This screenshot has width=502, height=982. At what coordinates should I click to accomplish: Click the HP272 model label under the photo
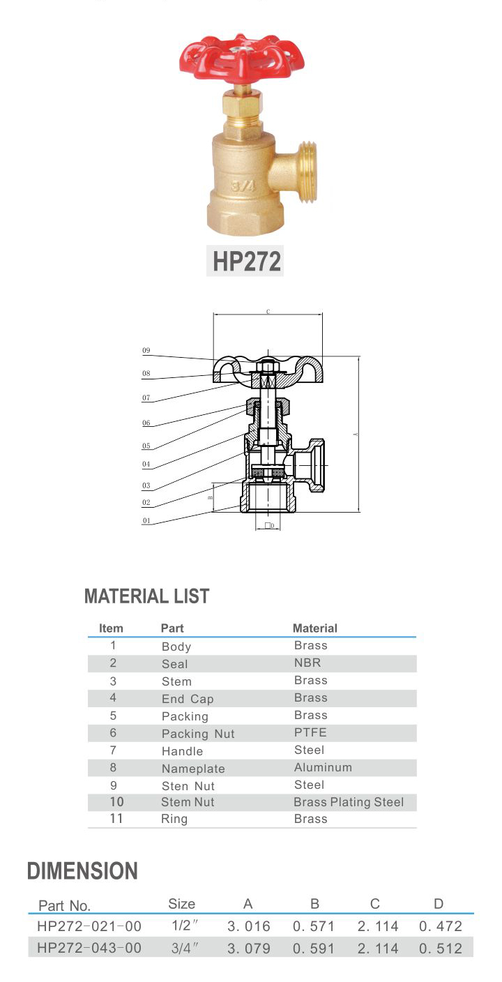[x=246, y=262]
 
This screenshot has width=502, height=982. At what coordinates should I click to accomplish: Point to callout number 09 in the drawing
[x=146, y=351]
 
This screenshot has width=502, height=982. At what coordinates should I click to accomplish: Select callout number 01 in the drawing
[x=146, y=520]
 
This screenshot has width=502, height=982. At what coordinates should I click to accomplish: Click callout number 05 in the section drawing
[x=146, y=446]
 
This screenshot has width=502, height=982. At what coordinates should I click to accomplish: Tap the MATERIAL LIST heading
[x=146, y=596]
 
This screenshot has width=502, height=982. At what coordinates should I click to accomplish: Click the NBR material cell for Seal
[x=307, y=663]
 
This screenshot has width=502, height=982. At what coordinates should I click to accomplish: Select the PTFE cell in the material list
[x=310, y=732]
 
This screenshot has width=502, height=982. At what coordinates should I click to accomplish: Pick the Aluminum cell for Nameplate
[x=323, y=767]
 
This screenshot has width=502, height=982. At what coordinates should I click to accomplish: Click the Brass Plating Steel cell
[x=349, y=802]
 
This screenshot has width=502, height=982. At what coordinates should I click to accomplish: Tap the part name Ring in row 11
[x=174, y=819]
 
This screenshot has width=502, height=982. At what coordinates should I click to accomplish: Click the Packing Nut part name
[x=198, y=734]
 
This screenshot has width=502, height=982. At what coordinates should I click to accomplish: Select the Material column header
[x=314, y=628]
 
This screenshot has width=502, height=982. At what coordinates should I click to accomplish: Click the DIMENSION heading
[x=82, y=871]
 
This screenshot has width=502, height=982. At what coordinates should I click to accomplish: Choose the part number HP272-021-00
[x=89, y=926]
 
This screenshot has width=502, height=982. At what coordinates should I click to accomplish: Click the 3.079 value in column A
[x=249, y=949]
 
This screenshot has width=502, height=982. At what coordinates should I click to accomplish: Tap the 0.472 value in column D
[x=441, y=926]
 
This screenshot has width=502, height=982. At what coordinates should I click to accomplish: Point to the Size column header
[x=182, y=904]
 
